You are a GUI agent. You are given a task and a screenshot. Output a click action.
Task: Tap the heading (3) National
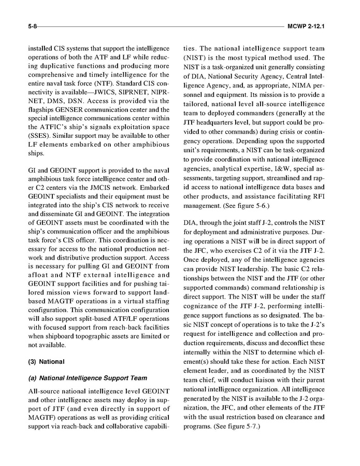click(x=46, y=361)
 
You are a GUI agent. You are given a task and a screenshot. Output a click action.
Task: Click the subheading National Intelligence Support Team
click(x=88, y=378)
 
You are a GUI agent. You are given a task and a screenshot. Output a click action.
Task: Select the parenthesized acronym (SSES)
click(x=40, y=136)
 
